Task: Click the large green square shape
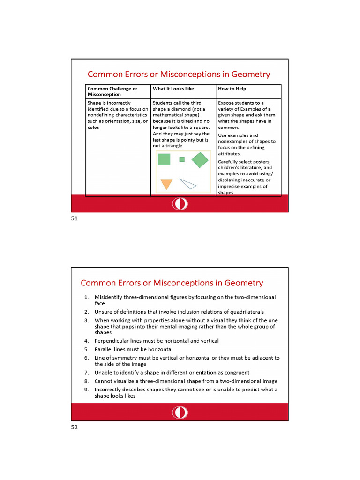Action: (x=164, y=159)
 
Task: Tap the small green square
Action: (x=182, y=159)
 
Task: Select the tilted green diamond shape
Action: (x=200, y=159)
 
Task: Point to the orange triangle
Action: (x=166, y=183)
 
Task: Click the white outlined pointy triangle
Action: (x=187, y=184)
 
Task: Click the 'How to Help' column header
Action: (x=232, y=89)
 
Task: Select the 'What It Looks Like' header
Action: (x=173, y=89)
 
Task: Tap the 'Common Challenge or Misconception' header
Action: (x=112, y=91)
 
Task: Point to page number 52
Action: (x=74, y=427)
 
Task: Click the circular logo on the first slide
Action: (x=180, y=204)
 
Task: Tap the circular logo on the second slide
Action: (x=180, y=412)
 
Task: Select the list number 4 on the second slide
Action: (x=86, y=341)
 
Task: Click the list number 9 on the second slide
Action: (x=86, y=390)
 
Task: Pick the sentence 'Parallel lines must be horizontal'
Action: (x=133, y=349)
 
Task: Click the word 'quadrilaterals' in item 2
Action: (x=247, y=312)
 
